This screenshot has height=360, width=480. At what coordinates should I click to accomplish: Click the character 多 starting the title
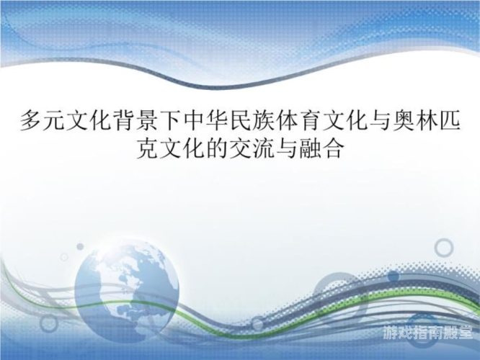pyautogui.click(x=31, y=120)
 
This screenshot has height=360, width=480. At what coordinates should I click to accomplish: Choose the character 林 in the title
pyautogui.click(x=427, y=120)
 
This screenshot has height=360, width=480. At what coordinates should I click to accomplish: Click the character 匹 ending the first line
pyautogui.click(x=450, y=120)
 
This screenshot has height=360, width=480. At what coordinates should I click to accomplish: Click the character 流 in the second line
pyautogui.click(x=264, y=148)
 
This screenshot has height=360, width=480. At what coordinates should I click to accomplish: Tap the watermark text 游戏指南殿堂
pyautogui.click(x=427, y=333)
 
